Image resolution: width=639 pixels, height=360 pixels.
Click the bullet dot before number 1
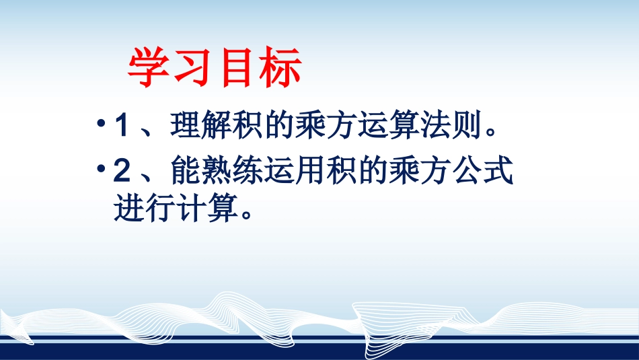pos(101,126)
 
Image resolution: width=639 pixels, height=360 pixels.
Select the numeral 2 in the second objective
pos(122,172)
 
